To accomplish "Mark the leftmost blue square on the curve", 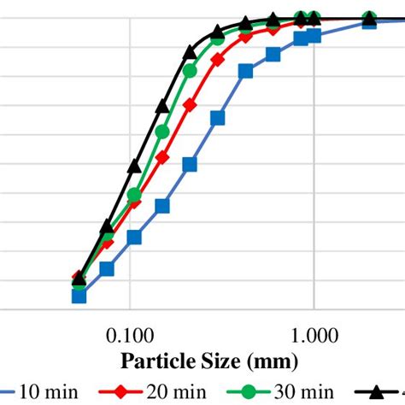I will (79, 296).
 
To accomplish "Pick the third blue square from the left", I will (134, 237).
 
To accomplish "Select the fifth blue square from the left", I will (190, 164).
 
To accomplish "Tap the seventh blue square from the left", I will (245, 73).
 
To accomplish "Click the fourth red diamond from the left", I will (162, 158).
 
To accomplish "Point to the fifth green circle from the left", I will (190, 70).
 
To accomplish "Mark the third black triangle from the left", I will (134, 166).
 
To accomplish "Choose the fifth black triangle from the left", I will (190, 53).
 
